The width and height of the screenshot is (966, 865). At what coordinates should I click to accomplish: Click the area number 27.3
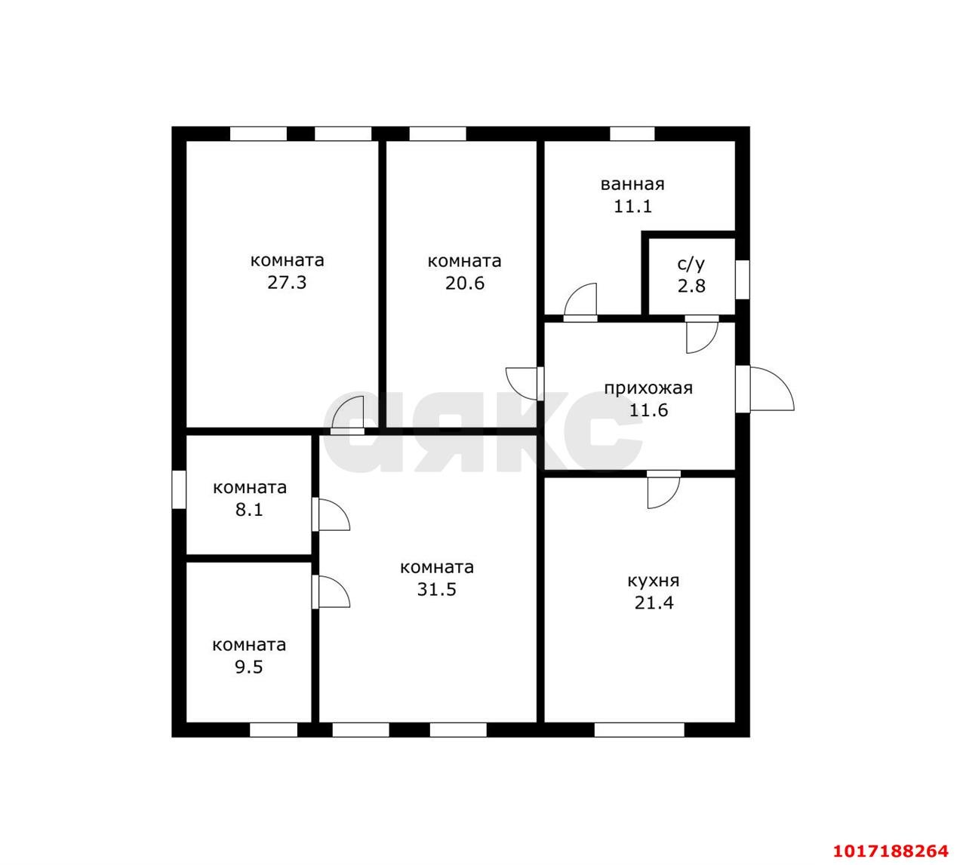287,283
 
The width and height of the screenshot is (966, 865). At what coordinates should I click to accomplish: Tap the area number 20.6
464,284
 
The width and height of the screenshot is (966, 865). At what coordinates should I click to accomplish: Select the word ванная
632,184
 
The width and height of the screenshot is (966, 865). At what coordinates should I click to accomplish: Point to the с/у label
691,263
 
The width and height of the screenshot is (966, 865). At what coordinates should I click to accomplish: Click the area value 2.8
691,286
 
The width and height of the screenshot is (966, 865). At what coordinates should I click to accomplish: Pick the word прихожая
648,388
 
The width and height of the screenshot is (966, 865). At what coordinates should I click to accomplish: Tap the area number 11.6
648,410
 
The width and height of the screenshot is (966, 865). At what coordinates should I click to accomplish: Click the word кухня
654,581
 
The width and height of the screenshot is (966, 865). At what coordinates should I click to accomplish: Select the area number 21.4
654,603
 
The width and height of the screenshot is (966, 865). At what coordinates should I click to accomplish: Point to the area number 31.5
437,590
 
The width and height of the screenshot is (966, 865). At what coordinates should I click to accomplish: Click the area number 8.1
249,510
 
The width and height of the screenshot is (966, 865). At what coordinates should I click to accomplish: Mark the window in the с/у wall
743,279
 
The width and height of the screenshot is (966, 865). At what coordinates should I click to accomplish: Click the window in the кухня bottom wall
639,730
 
